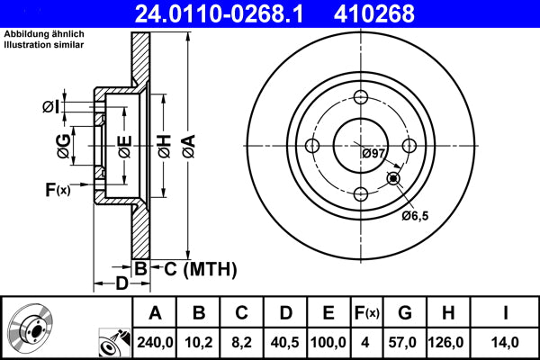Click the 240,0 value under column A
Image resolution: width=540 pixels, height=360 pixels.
(x=155, y=340)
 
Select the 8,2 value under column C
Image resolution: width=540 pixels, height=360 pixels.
(x=241, y=340)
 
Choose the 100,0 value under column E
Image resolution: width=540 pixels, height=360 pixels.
(x=329, y=340)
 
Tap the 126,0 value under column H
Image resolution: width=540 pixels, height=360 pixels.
(x=447, y=340)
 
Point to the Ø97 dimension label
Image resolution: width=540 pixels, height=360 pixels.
(x=373, y=154)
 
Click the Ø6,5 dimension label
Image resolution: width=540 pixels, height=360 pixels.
(x=417, y=216)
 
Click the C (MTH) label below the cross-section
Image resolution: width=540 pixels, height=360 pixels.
(x=194, y=267)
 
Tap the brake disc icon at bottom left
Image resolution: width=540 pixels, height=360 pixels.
(x=31, y=328)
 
